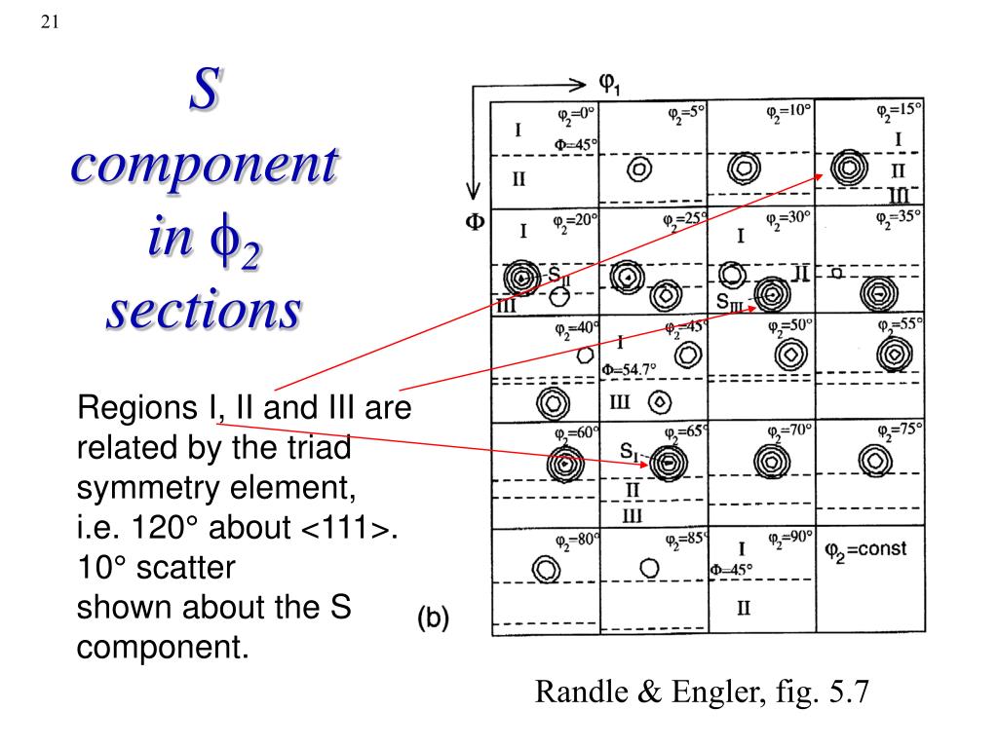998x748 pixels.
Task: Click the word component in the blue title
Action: (x=205, y=166)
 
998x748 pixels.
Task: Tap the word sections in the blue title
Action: (x=204, y=311)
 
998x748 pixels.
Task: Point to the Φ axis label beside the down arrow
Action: (x=474, y=222)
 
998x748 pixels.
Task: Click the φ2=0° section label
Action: (x=576, y=114)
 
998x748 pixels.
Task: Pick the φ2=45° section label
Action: (x=684, y=327)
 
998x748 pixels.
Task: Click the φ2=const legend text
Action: (x=865, y=549)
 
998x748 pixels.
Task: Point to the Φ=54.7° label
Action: (x=629, y=369)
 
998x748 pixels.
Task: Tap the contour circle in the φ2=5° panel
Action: (x=639, y=168)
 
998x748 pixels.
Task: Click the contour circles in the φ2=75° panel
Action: (x=875, y=460)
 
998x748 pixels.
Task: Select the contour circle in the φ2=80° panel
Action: (x=545, y=568)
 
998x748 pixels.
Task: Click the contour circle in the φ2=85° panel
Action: (x=649, y=567)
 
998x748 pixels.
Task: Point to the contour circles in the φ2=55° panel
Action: (x=893, y=356)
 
